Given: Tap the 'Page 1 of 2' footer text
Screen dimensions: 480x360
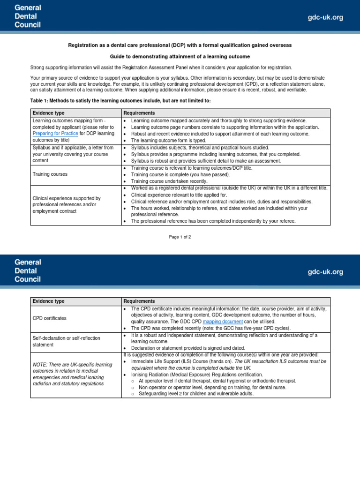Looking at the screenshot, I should click(x=180, y=237).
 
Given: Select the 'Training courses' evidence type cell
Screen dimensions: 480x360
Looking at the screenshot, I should click(x=50, y=174).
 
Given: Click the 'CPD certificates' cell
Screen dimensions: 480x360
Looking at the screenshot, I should click(x=49, y=318).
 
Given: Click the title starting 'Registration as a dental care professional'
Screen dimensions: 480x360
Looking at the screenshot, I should click(x=180, y=45).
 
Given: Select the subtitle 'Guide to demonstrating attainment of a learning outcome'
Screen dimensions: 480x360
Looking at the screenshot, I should click(x=180, y=56).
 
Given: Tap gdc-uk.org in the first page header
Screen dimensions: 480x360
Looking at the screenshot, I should click(x=325, y=17).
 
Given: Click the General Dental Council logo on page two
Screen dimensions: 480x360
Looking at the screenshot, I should click(x=27, y=271).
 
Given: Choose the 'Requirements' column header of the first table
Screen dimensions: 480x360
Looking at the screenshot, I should click(x=139, y=113).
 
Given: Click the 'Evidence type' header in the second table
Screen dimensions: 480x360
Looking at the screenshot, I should click(x=48, y=301).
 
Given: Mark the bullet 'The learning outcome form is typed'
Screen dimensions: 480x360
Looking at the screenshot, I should click(x=168, y=141).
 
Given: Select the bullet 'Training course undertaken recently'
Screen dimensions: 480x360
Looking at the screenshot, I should click(x=169, y=181).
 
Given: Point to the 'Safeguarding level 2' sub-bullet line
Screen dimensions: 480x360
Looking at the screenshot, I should click(x=196, y=394).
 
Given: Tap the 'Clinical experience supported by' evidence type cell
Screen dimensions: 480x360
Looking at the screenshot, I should click(x=66, y=204).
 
